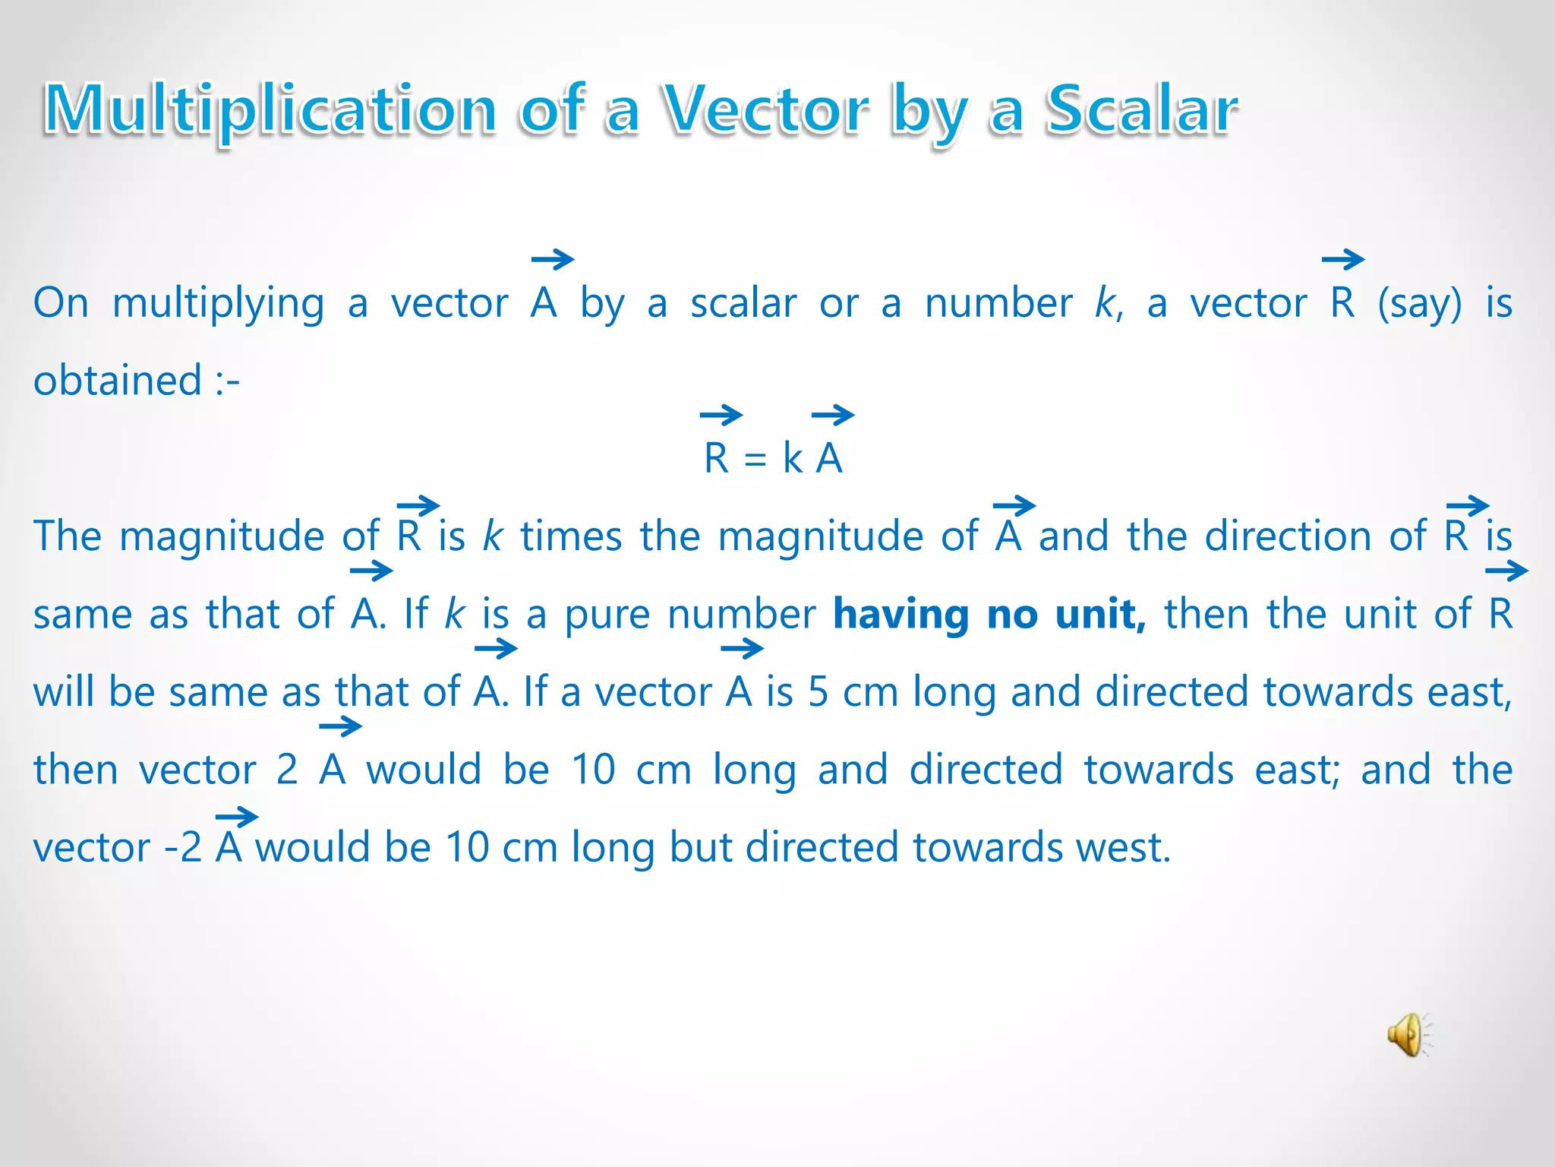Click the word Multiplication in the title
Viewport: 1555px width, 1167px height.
pyautogui.click(x=270, y=111)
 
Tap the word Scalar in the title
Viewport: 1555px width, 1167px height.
pyautogui.click(x=1141, y=111)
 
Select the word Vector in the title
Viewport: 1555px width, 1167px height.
pyautogui.click(x=766, y=111)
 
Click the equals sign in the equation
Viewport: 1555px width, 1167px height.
pyautogui.click(x=755, y=460)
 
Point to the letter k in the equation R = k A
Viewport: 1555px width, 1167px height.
pyautogui.click(x=793, y=458)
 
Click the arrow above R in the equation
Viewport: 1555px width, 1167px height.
pyautogui.click(x=721, y=415)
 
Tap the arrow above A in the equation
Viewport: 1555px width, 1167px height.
pyautogui.click(x=833, y=415)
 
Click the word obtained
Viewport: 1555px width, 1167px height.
pyautogui.click(x=118, y=380)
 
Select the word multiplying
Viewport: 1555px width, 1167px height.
pyautogui.click(x=219, y=304)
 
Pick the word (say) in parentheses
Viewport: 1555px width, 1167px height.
pyautogui.click(x=1419, y=304)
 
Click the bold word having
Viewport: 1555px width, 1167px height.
pyautogui.click(x=901, y=614)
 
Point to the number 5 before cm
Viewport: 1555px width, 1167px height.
pyautogui.click(x=818, y=692)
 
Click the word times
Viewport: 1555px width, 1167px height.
pyautogui.click(x=571, y=536)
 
